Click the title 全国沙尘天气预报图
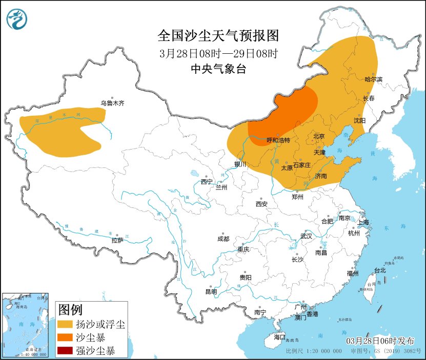coord(218,36)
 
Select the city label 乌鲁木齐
coord(112,103)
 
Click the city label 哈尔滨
coord(373,79)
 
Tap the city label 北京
coord(319,136)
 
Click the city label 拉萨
coord(117,240)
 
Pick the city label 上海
coord(363,222)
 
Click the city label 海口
coord(279,337)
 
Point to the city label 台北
coord(379,270)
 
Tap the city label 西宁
coord(207,182)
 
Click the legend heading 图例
coord(70,310)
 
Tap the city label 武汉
coord(306,236)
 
